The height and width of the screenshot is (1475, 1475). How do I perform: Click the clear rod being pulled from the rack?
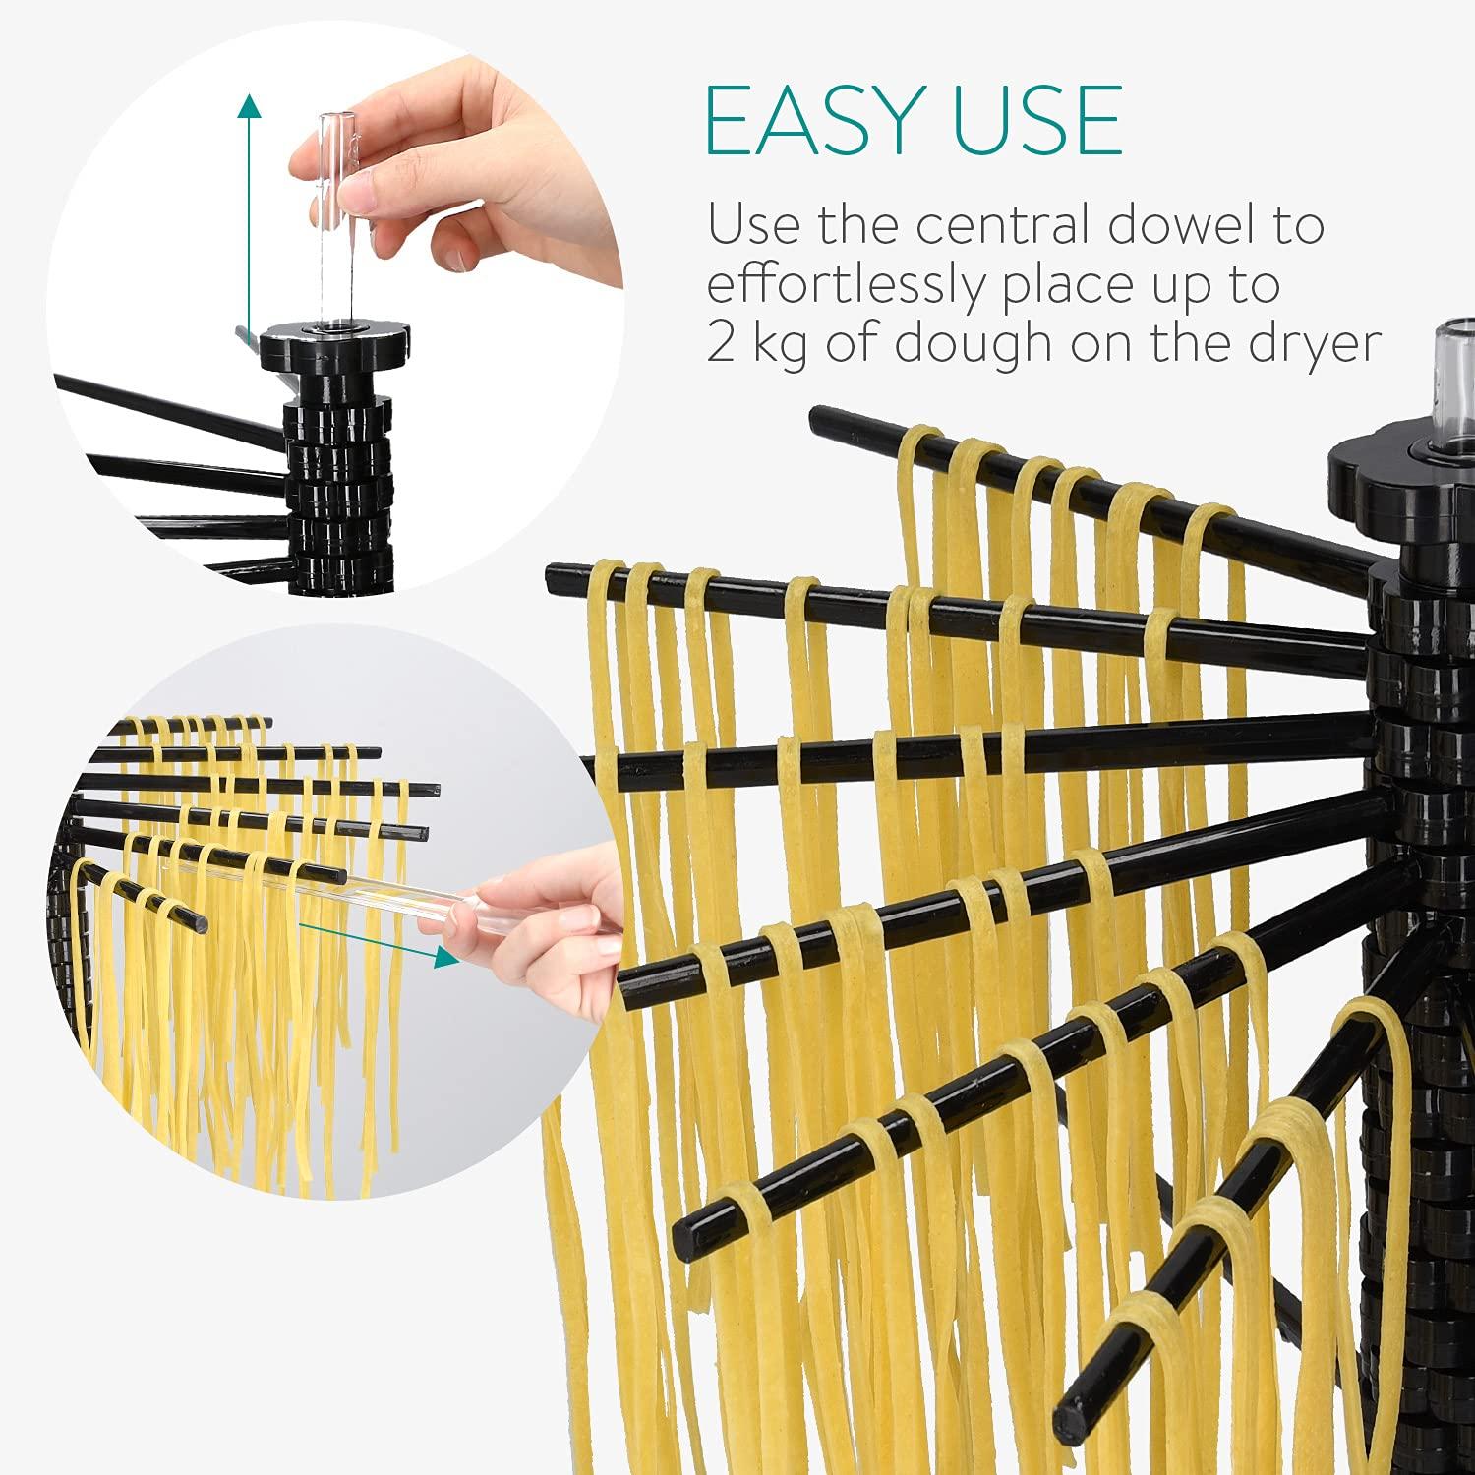click(393, 885)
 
